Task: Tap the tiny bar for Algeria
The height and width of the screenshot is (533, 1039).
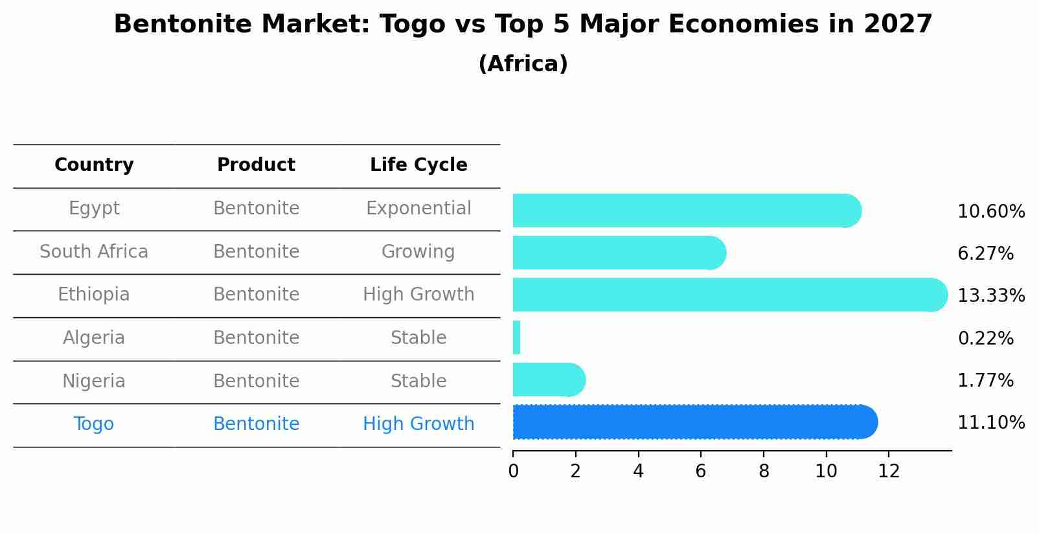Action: (517, 337)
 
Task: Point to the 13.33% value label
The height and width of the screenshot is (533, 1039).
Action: (990, 296)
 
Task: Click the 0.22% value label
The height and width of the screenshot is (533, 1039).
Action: (985, 338)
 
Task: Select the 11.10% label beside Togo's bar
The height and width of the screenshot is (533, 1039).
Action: (990, 423)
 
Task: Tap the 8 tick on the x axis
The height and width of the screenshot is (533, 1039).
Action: (764, 471)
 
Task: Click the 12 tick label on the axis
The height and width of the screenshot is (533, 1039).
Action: (889, 471)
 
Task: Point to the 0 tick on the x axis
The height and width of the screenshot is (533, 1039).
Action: (513, 471)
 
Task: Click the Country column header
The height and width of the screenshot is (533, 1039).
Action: (94, 165)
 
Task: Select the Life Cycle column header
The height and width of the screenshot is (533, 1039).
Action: (418, 165)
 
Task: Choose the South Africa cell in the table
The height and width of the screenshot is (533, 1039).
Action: (94, 252)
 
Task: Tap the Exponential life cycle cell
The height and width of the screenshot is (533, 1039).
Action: (418, 209)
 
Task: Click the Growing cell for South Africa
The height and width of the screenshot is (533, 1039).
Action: (418, 252)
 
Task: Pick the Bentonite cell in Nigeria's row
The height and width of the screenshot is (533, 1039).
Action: (257, 381)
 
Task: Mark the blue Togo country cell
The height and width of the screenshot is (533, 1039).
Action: (94, 424)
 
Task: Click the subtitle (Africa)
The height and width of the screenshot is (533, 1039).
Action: (523, 64)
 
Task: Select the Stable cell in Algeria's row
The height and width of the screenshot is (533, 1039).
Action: (418, 338)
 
